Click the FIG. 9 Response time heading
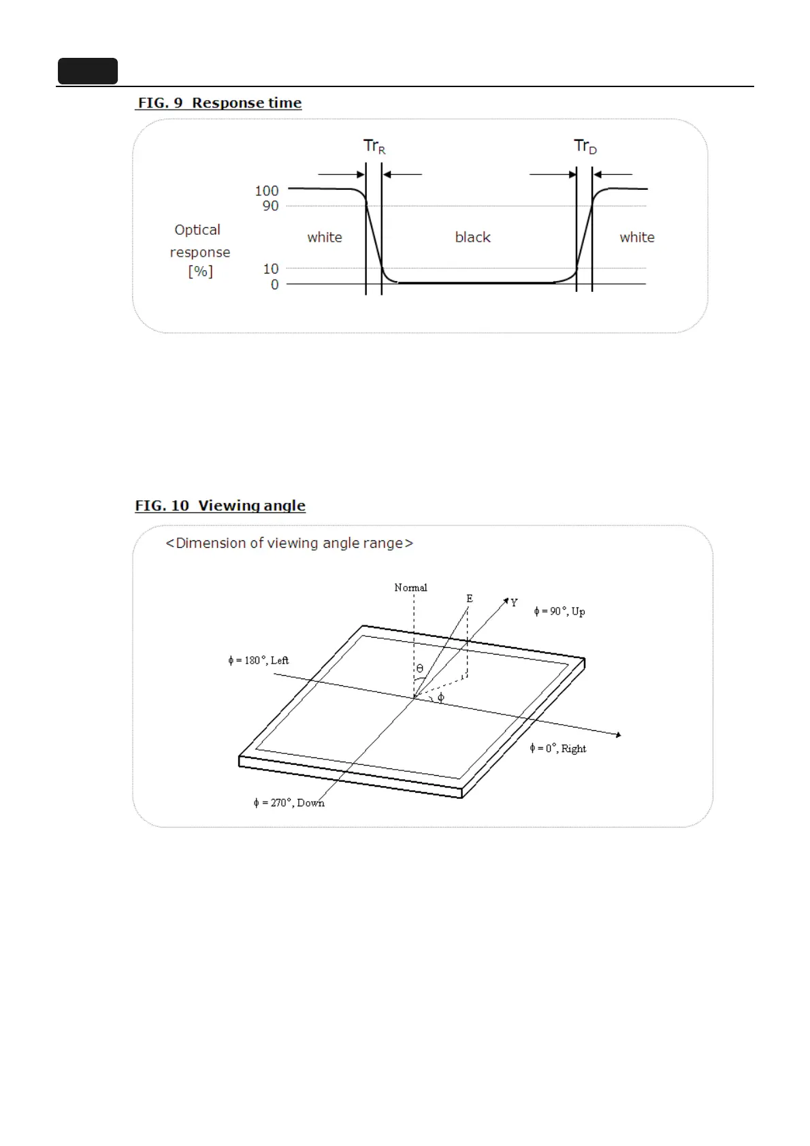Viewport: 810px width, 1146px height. click(x=219, y=103)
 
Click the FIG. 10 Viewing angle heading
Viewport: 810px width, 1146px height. click(x=220, y=506)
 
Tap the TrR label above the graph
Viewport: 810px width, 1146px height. click(x=374, y=146)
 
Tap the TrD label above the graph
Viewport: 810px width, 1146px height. click(x=585, y=146)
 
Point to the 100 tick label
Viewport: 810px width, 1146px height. click(x=267, y=191)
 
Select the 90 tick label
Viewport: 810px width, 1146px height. click(x=270, y=206)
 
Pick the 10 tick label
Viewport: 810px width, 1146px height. click(x=271, y=269)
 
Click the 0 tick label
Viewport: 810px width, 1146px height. click(x=275, y=284)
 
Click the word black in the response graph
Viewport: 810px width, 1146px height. click(x=472, y=238)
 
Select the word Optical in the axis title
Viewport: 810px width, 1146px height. click(x=197, y=230)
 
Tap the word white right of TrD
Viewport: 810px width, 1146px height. click(x=637, y=238)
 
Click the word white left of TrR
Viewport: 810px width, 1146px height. click(x=325, y=238)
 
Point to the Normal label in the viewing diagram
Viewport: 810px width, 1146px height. click(x=410, y=588)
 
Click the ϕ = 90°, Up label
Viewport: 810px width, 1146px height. click(x=560, y=611)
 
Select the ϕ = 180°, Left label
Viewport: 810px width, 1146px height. click(x=259, y=660)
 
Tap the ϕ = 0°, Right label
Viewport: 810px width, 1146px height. click(x=558, y=749)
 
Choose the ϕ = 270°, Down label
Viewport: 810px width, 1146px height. click(x=289, y=803)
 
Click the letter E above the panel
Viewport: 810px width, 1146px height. click(x=470, y=599)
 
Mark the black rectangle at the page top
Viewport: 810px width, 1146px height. click(x=88, y=71)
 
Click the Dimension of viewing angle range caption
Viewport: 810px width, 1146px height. click(x=289, y=543)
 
